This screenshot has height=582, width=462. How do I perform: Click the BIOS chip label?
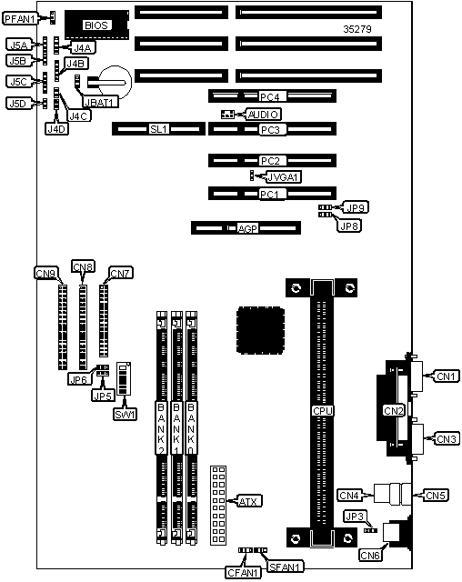click(96, 25)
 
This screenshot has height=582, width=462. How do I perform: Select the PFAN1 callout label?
click(21, 18)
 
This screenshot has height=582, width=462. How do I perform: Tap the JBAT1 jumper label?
click(100, 102)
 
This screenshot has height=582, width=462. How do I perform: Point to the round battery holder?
click(115, 83)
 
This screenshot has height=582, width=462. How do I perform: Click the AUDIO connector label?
click(263, 115)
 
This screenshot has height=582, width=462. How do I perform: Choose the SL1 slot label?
click(159, 129)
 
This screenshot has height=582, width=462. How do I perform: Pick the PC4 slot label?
click(269, 97)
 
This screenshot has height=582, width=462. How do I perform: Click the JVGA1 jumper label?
click(284, 177)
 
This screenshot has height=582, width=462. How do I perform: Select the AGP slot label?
click(247, 228)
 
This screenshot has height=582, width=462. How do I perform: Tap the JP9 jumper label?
click(356, 207)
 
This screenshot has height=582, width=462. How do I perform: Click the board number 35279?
click(357, 29)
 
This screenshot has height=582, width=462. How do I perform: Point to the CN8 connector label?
click(83, 266)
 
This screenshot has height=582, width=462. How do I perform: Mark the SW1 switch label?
click(126, 415)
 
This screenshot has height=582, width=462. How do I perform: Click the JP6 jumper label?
click(79, 379)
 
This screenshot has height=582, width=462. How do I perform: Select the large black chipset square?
click(260, 330)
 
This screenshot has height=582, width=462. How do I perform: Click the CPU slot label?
click(323, 411)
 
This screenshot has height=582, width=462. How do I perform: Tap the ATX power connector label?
click(248, 501)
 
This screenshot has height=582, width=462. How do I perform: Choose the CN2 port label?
click(394, 411)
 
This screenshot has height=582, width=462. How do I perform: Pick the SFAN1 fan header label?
click(285, 567)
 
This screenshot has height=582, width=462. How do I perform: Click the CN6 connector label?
click(370, 555)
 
